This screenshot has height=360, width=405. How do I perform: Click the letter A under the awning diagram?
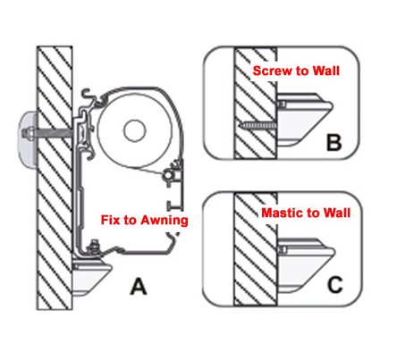point(139,287)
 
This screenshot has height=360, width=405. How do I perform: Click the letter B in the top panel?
point(333,142)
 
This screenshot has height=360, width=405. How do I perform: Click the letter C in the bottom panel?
point(335,285)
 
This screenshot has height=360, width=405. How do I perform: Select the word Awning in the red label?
point(165,221)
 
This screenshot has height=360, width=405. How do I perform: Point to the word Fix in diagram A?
point(111,220)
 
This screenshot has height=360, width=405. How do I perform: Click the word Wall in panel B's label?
point(326,71)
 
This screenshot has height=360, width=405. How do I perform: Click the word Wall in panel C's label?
point(337,213)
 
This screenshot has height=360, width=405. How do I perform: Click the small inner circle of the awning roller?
point(135,130)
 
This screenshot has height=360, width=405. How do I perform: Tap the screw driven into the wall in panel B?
point(258,125)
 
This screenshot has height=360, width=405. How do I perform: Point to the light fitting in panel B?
point(305,120)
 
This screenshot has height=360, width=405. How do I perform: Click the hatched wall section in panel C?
point(256,249)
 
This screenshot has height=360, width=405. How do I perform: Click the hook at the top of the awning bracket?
point(89,95)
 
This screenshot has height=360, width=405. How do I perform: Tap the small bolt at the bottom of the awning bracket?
point(95,247)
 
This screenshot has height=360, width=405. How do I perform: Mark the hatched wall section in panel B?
point(256,103)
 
